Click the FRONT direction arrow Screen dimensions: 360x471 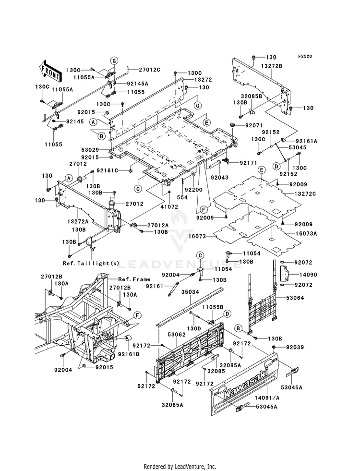click(50, 72)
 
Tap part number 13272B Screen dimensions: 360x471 click(271, 66)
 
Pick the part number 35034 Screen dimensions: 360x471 click(191, 292)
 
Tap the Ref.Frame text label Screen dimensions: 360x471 click(134, 279)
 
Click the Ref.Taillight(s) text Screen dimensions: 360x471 click(91, 263)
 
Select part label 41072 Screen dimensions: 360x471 click(169, 206)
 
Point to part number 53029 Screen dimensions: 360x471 click(90, 149)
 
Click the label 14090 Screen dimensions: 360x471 click(300, 275)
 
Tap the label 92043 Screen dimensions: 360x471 click(219, 178)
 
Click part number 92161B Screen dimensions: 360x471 click(129, 354)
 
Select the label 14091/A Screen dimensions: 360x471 click(267, 398)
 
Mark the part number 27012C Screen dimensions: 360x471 click(149, 70)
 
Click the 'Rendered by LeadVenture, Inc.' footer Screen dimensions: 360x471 click(180, 467)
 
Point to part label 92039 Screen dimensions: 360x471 click(295, 347)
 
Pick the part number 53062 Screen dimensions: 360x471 click(177, 334)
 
